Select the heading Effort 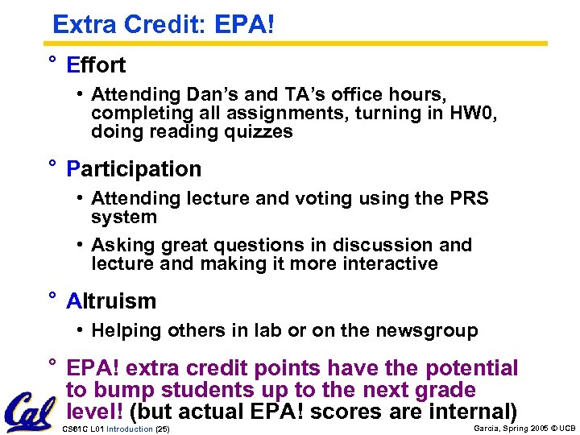pyautogui.click(x=96, y=64)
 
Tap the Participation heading pyautogui.click(x=134, y=169)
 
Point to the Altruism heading pyautogui.click(x=111, y=301)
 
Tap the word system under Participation pyautogui.click(x=123, y=217)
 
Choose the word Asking pyautogui.click(x=119, y=245)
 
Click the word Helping pyautogui.click(x=123, y=330)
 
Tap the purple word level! pyautogui.click(x=95, y=412)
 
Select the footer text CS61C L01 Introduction pyautogui.click(x=106, y=429)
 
